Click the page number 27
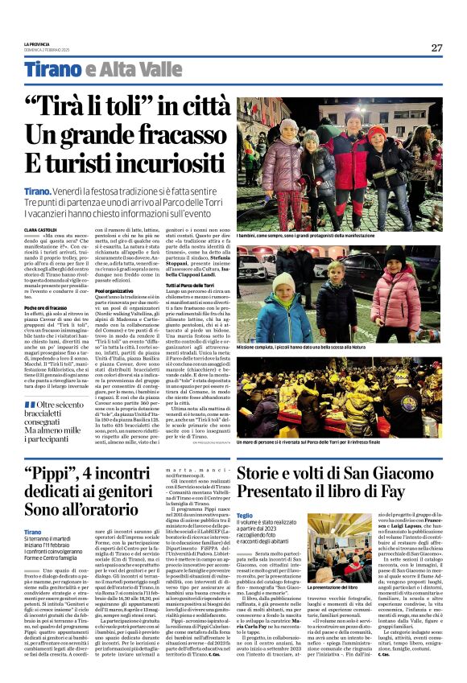tap(436, 48)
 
